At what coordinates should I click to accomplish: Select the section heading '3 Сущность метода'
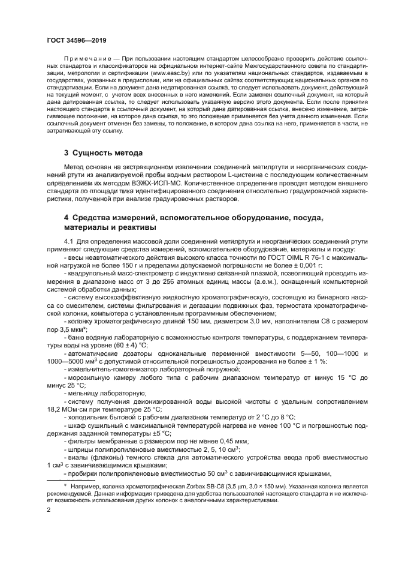[x=103, y=152]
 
